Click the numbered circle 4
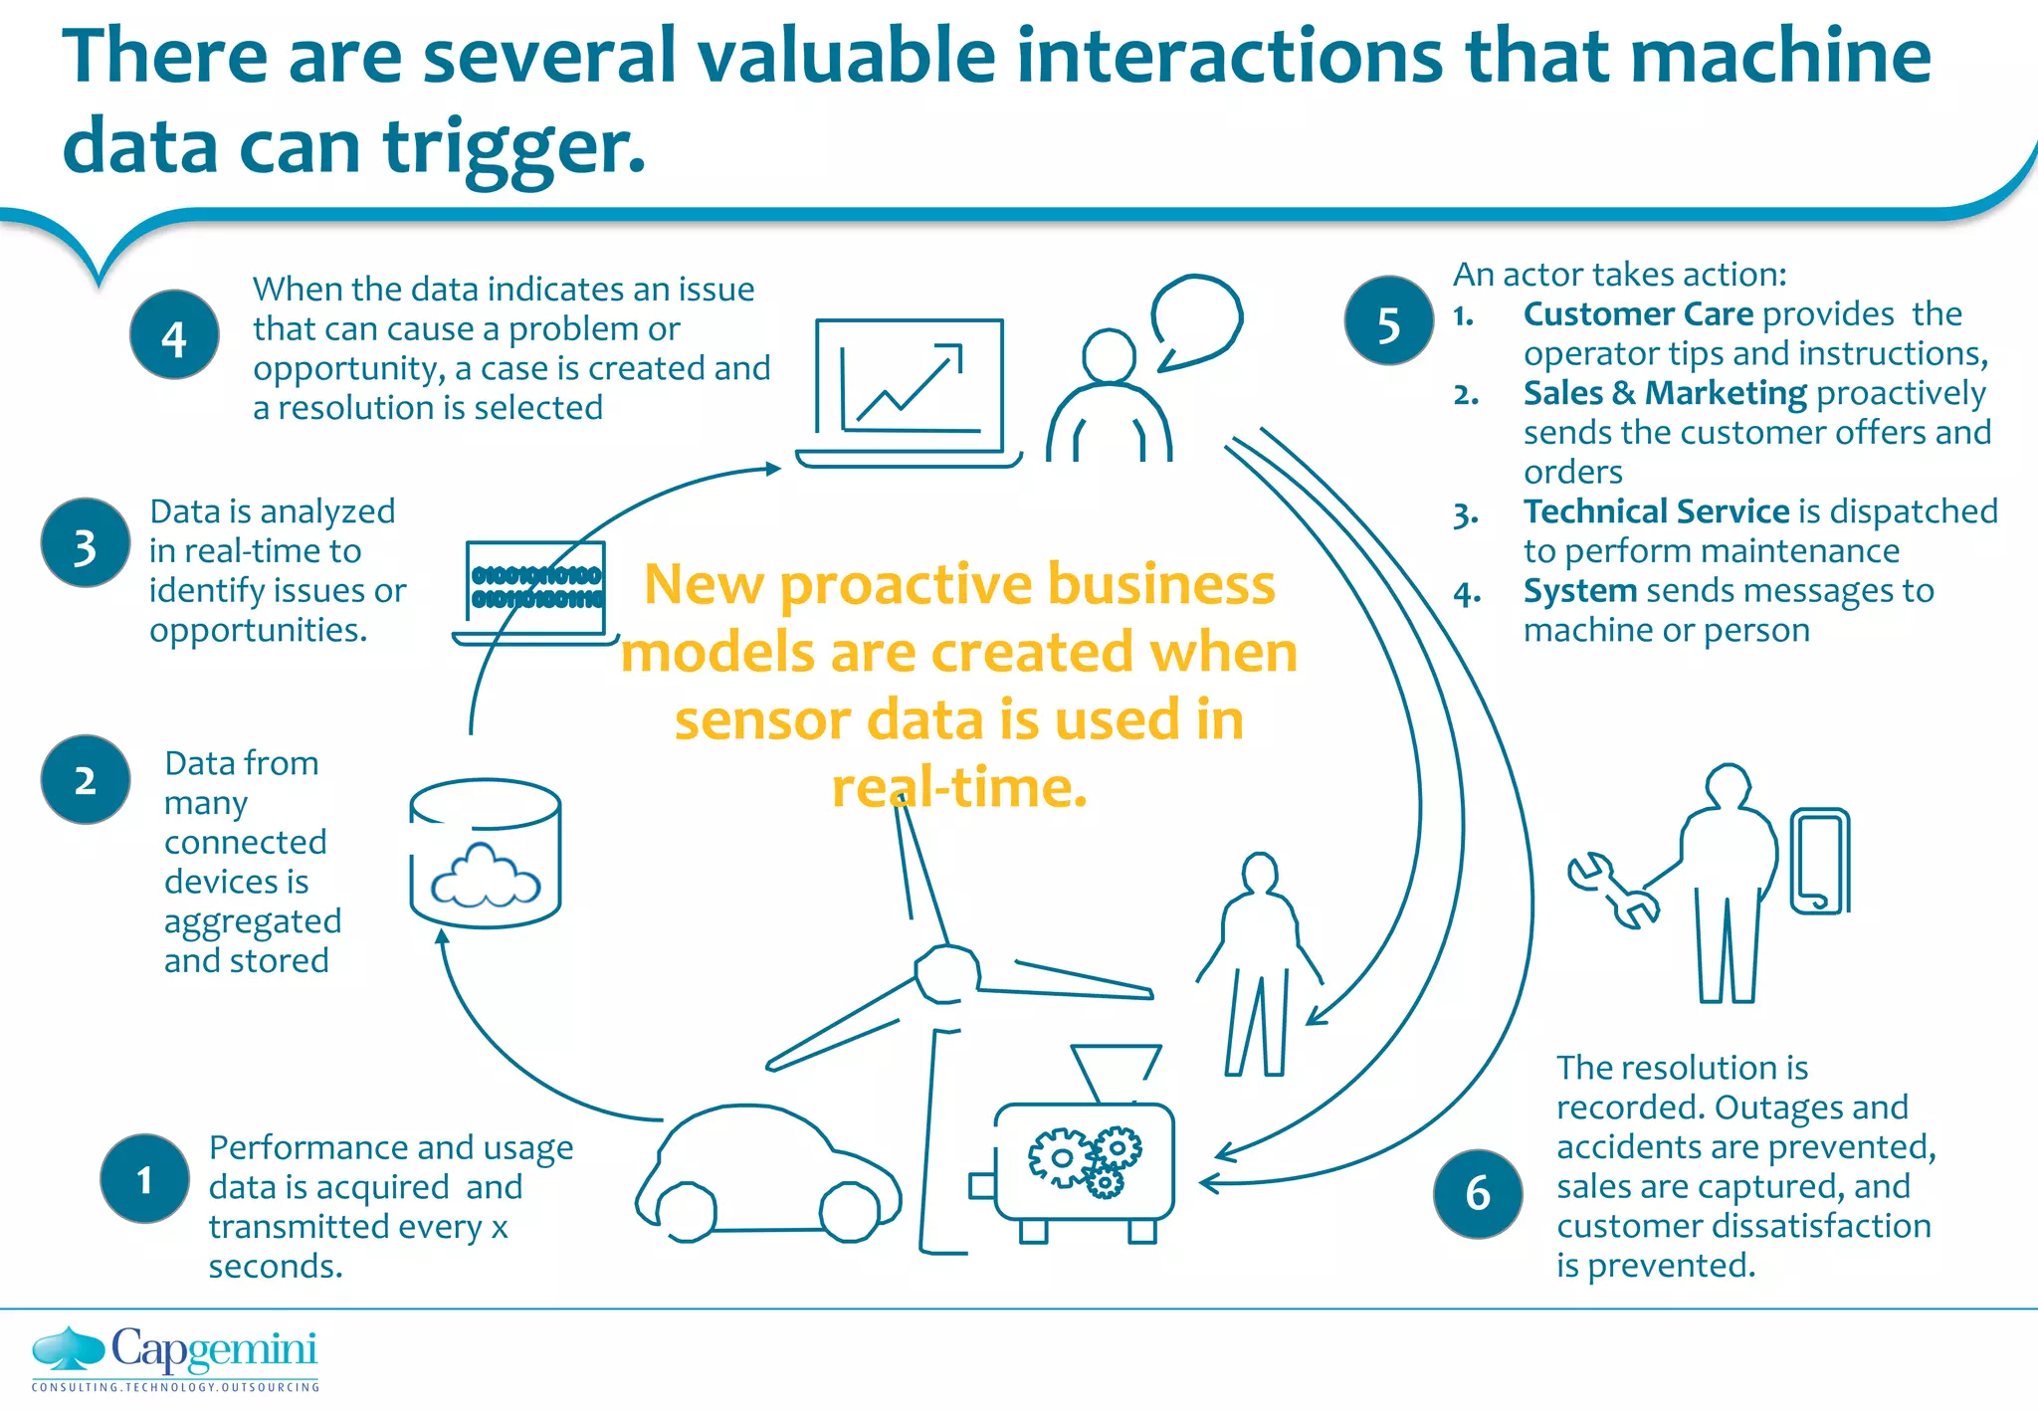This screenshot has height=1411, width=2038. coord(174,335)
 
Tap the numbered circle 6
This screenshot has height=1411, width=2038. coord(1478,1193)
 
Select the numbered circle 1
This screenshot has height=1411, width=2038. coord(144,1178)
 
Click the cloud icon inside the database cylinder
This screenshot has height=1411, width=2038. coord(485,877)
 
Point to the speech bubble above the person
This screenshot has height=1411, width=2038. coord(1197,320)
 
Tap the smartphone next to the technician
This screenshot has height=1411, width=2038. coord(1819,862)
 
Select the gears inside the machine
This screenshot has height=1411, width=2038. coord(1085,1160)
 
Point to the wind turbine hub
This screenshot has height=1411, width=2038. coord(945,974)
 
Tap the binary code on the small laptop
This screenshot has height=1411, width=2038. coord(536,587)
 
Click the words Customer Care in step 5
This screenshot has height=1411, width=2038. coord(1638,314)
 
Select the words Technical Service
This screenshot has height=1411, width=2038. coord(1656,511)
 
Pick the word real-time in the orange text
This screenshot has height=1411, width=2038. coord(959,787)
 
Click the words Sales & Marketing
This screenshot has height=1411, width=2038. coord(1664,393)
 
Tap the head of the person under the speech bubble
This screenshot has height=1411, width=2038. coord(1109,356)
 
